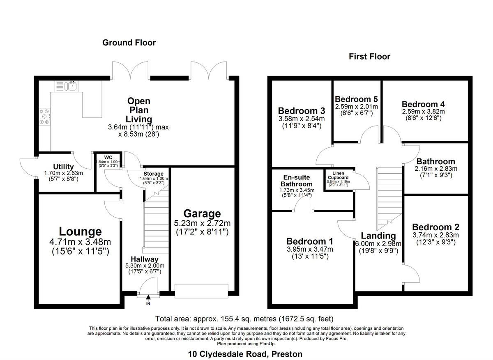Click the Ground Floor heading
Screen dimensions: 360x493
pos(129,43)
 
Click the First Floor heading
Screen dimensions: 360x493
pos(369,57)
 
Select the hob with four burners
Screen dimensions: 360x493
pos(44,116)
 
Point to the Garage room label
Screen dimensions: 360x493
pos(202,214)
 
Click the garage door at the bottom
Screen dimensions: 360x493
pos(201,290)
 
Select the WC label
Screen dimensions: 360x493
pos(108,157)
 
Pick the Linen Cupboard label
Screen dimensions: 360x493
pos(338,176)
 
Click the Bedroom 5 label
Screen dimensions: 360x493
pos(356,99)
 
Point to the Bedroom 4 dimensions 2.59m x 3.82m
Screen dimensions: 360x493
pos(423,111)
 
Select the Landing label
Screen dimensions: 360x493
pos(378,236)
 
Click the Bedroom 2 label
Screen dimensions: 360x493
pos(435,227)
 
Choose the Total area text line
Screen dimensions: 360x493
pos(244,319)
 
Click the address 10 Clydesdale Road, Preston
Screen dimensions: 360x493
pos(245,354)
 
